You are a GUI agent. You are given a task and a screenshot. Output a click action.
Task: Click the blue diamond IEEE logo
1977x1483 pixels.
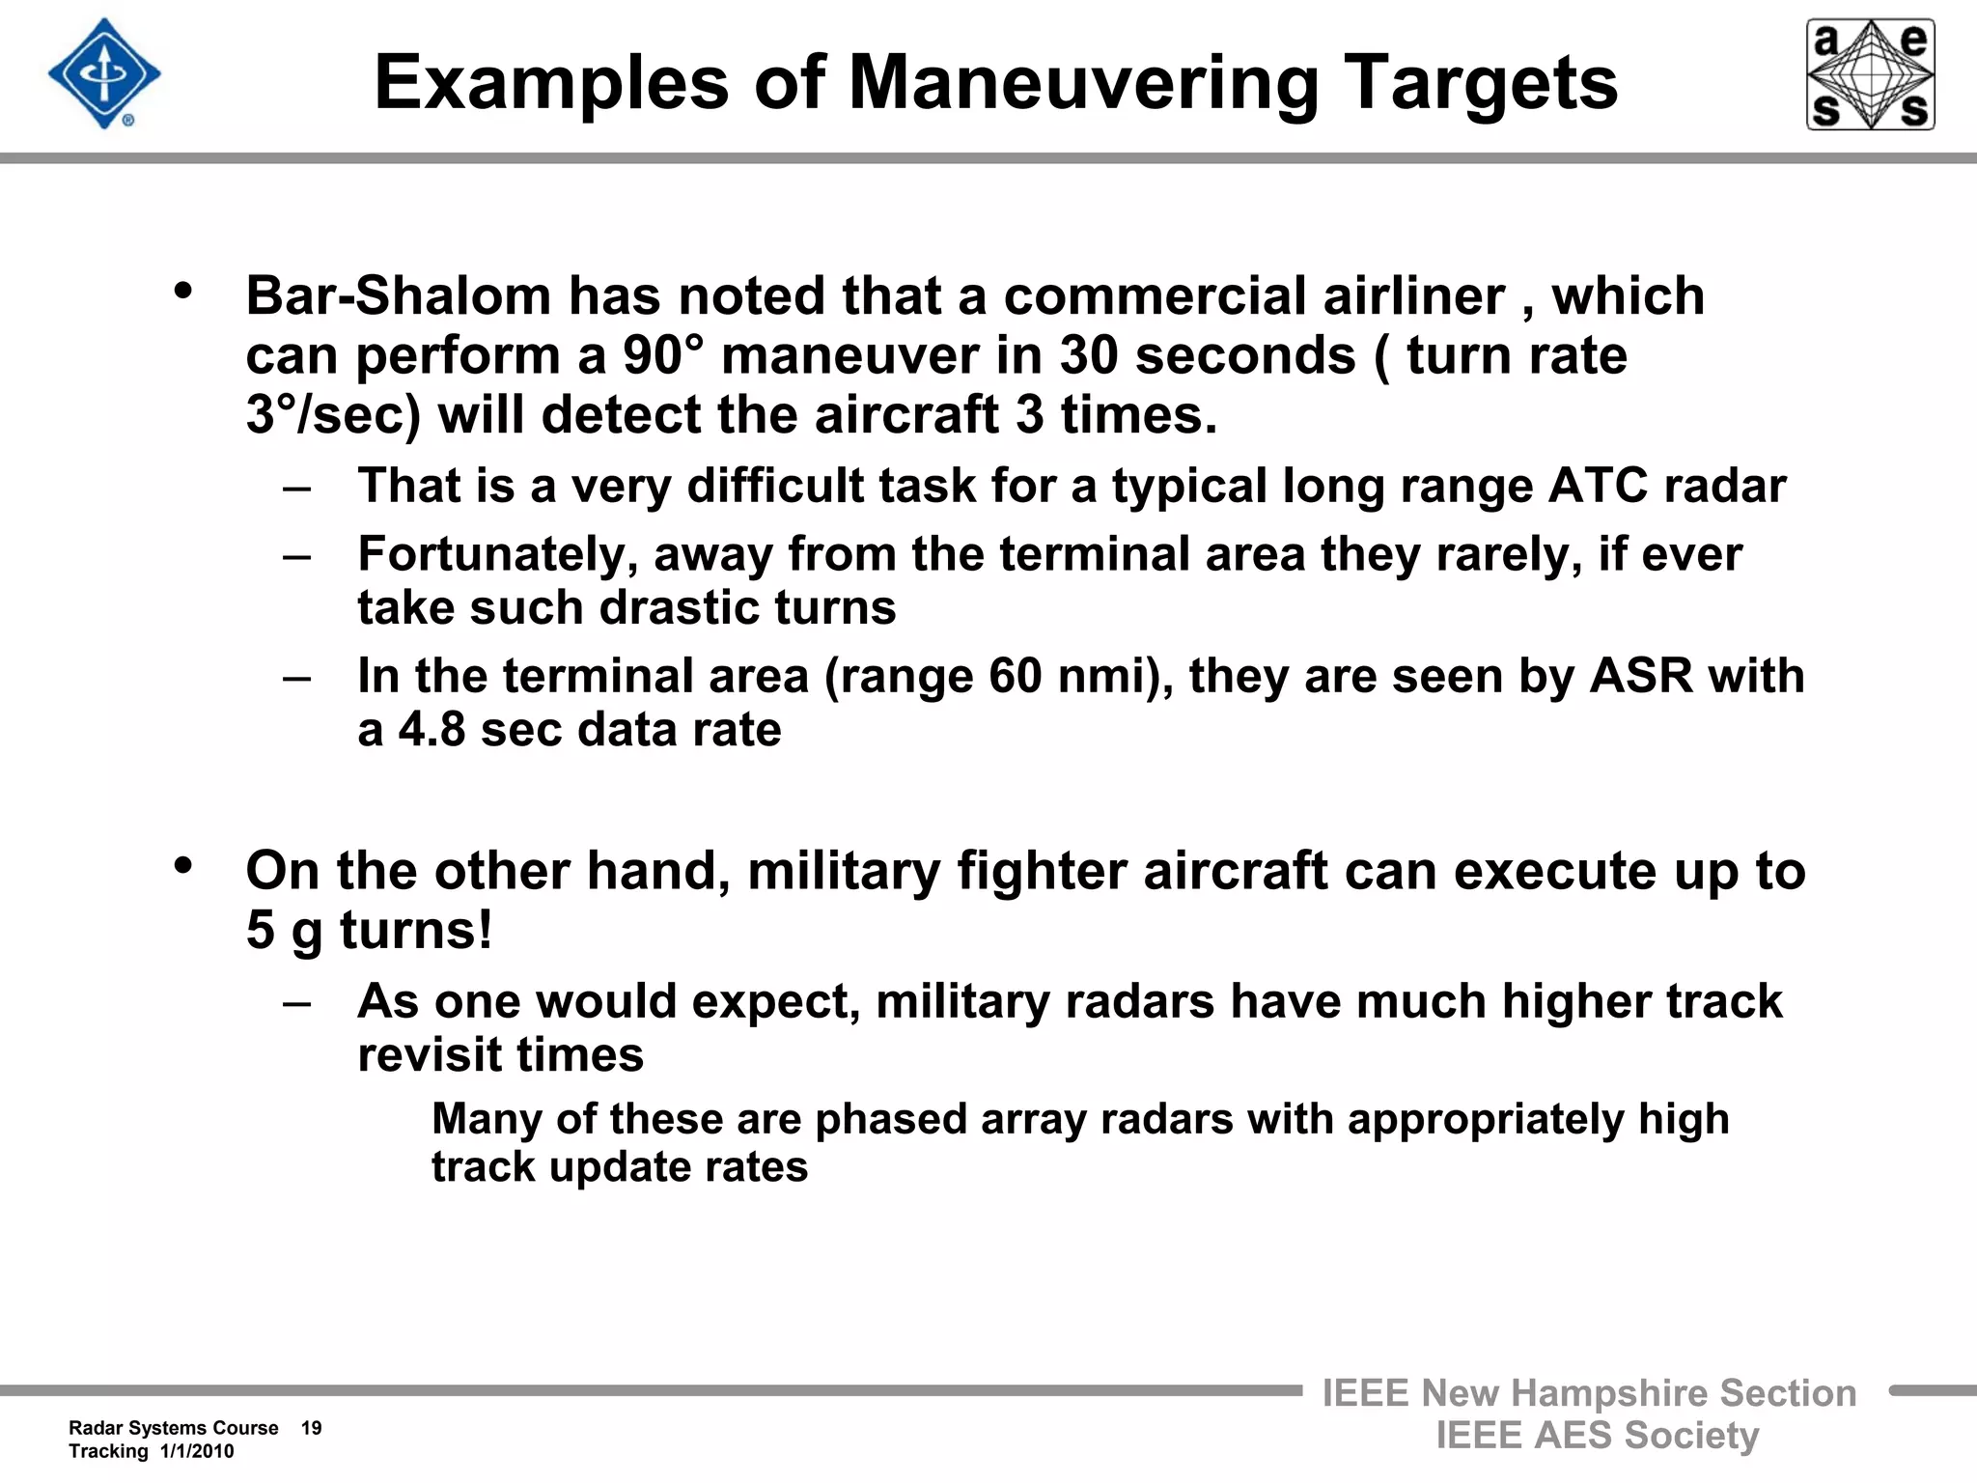click(104, 74)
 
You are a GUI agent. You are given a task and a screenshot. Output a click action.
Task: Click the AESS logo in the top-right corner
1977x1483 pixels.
click(1870, 74)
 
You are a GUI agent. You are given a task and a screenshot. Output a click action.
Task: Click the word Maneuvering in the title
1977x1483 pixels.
click(1083, 83)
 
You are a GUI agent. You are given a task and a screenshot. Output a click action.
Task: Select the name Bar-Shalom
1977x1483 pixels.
click(398, 295)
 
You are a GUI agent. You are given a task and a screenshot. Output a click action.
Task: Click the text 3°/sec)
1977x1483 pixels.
click(333, 415)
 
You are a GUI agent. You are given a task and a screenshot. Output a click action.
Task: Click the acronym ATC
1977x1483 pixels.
click(1598, 486)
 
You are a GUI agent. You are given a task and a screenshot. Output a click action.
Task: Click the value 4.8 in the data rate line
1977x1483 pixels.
click(432, 730)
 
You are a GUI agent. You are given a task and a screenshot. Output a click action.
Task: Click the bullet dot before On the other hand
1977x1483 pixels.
click(183, 865)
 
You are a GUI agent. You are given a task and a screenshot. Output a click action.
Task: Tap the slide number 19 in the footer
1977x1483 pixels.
click(311, 1428)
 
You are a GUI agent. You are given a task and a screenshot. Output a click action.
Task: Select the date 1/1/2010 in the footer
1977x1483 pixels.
click(197, 1452)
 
